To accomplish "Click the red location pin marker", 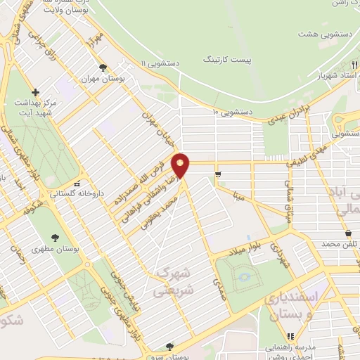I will click(181, 165).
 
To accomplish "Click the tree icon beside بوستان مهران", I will click(103, 68).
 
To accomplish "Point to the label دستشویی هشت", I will click(318, 34).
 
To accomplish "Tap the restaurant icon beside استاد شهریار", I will click(353, 65).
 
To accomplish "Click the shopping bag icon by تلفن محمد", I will click(349, 233).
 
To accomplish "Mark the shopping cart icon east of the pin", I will click(218, 174).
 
